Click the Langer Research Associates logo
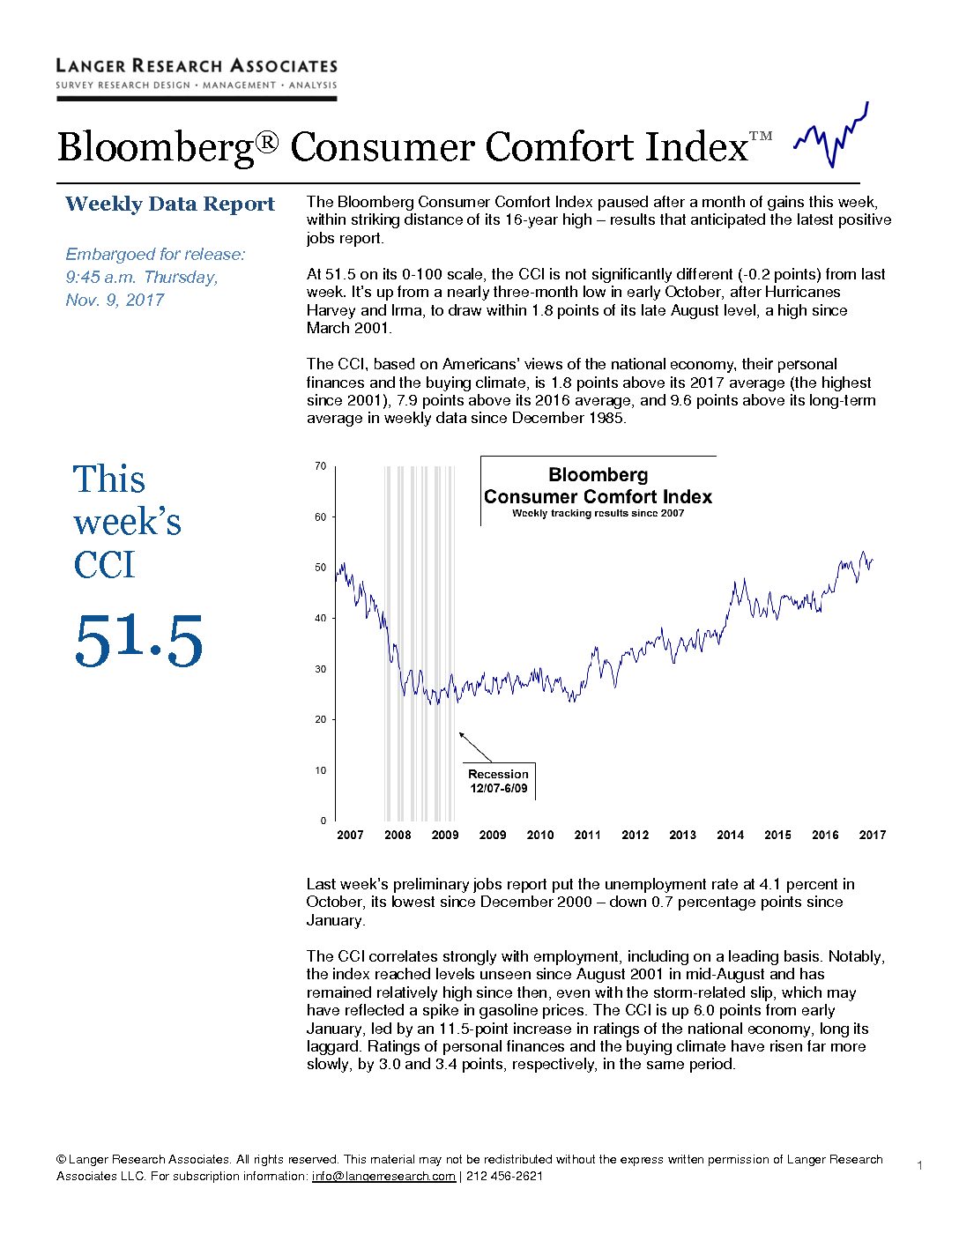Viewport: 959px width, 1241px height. pyautogui.click(x=197, y=79)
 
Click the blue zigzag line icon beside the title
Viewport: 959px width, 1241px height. pyautogui.click(x=831, y=135)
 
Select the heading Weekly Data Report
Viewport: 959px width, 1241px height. pyautogui.click(x=169, y=204)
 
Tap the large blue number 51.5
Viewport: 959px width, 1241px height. pyautogui.click(x=138, y=640)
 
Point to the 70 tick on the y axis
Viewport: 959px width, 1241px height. pyautogui.click(x=321, y=466)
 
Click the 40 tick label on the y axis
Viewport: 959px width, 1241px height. pyautogui.click(x=321, y=618)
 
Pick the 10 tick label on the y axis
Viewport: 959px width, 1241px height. pyautogui.click(x=321, y=769)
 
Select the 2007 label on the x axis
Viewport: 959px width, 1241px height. pyautogui.click(x=350, y=835)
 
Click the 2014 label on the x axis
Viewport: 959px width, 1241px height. pyautogui.click(x=730, y=835)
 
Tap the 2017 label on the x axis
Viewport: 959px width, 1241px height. pyautogui.click(x=873, y=835)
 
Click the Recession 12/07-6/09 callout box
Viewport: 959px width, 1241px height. pyautogui.click(x=499, y=781)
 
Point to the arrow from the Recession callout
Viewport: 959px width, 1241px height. pyautogui.click(x=475, y=747)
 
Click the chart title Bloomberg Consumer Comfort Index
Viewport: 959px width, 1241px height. pyautogui.click(x=598, y=486)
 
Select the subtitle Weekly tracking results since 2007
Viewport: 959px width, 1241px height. pyautogui.click(x=598, y=513)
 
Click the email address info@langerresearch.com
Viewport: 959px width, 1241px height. pyautogui.click(x=383, y=1177)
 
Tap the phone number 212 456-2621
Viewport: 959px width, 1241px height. pyautogui.click(x=504, y=1177)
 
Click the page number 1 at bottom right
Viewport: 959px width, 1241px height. pyautogui.click(x=919, y=1165)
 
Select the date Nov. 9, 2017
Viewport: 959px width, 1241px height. pyautogui.click(x=115, y=300)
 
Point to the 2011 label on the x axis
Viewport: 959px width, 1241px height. pyautogui.click(x=587, y=835)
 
